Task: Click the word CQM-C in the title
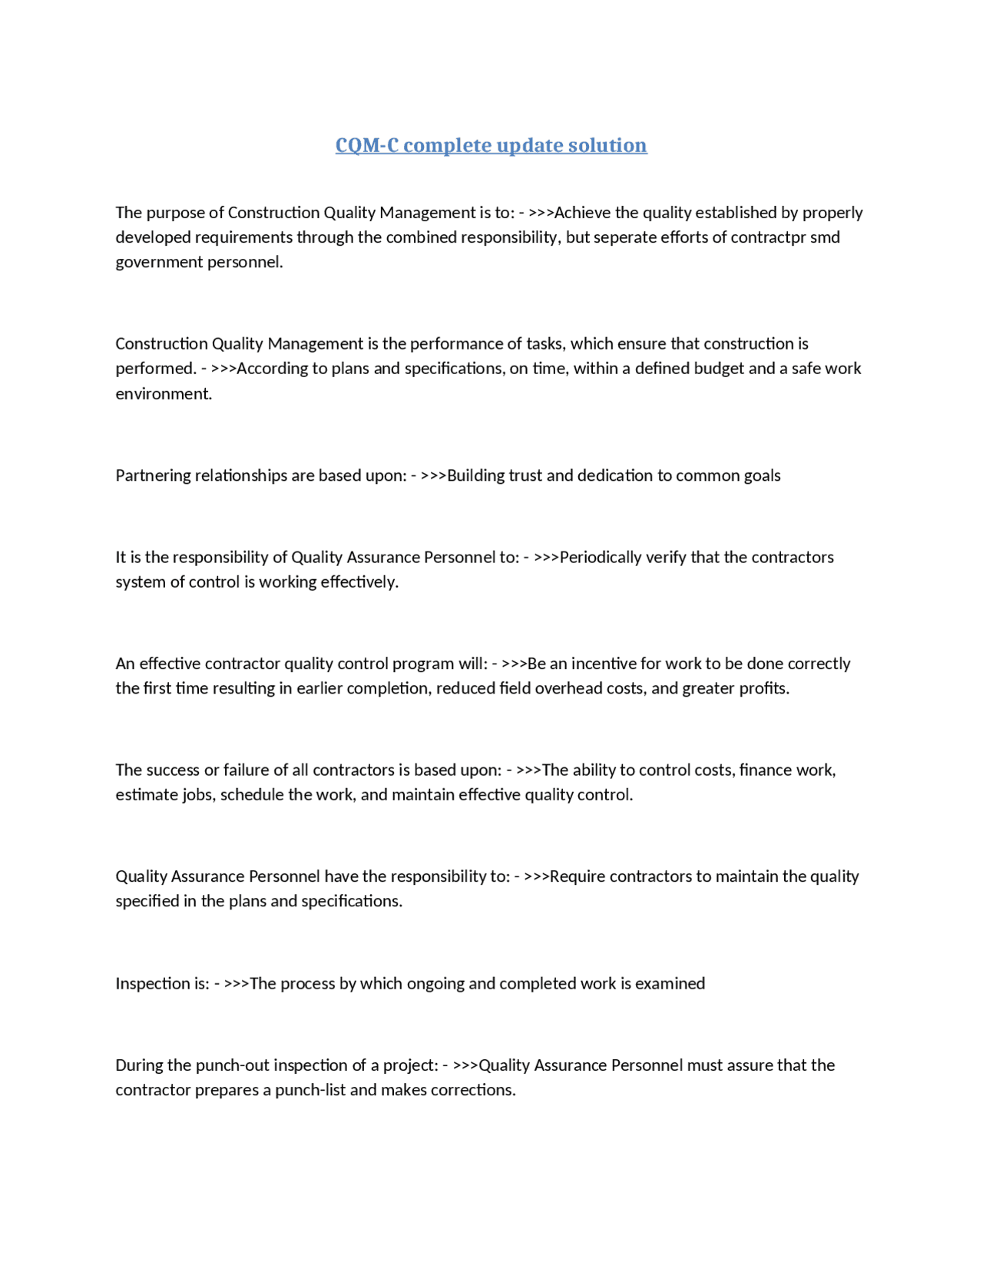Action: tap(367, 145)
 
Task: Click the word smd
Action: tap(825, 237)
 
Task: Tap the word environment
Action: tap(163, 394)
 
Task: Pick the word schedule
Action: tap(252, 795)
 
